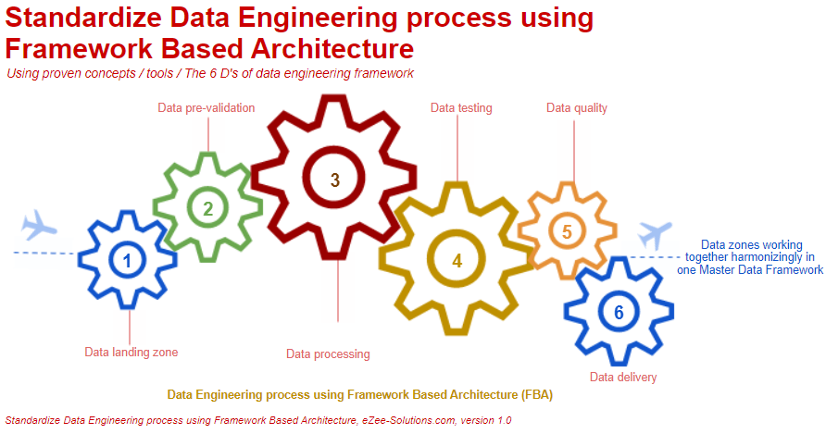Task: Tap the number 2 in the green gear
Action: (x=208, y=208)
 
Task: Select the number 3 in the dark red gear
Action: (x=335, y=179)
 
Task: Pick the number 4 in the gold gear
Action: (x=457, y=260)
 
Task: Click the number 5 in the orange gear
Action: (x=567, y=231)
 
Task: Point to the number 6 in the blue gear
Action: (x=619, y=312)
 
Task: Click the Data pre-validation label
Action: (x=206, y=108)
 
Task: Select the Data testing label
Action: (x=461, y=108)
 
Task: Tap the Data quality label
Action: (x=577, y=108)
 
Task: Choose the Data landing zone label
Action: (x=131, y=352)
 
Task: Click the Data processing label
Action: (x=328, y=353)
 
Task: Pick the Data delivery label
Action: (x=623, y=377)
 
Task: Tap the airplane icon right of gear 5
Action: (x=656, y=234)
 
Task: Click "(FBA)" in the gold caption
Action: (x=535, y=395)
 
